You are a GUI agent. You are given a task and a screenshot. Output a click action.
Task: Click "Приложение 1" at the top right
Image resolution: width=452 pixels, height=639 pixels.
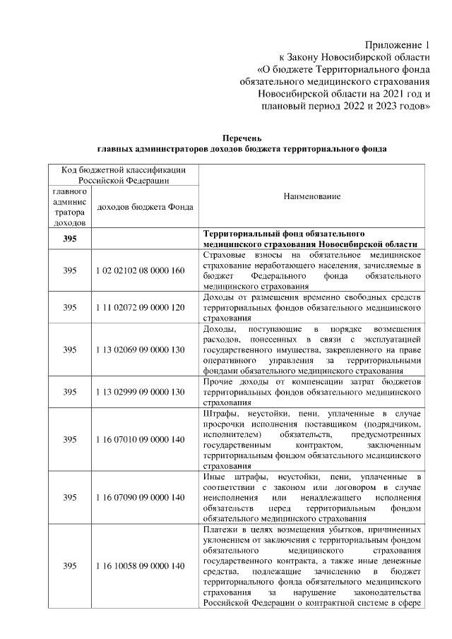tap(397, 44)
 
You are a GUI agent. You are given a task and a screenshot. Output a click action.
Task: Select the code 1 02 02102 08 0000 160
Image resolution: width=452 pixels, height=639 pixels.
tap(139, 271)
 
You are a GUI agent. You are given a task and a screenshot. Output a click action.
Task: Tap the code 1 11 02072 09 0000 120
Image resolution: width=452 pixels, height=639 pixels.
tap(139, 308)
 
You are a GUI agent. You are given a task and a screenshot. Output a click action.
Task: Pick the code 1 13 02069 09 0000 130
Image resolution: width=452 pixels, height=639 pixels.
tap(139, 350)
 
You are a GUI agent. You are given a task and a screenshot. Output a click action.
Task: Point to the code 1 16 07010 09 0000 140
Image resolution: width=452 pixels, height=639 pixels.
tap(139, 439)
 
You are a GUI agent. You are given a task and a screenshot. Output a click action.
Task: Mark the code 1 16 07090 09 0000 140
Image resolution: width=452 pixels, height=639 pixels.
tap(139, 497)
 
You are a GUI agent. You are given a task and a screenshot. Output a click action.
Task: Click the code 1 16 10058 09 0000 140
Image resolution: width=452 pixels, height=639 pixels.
tap(139, 566)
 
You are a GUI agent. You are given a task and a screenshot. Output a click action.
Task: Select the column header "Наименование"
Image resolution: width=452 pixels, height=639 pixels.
tap(312, 196)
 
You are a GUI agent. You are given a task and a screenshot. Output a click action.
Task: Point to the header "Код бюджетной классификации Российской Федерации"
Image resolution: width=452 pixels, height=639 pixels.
tap(124, 175)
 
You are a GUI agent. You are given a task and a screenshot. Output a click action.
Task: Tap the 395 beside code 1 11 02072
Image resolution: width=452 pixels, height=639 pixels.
tap(69, 308)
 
